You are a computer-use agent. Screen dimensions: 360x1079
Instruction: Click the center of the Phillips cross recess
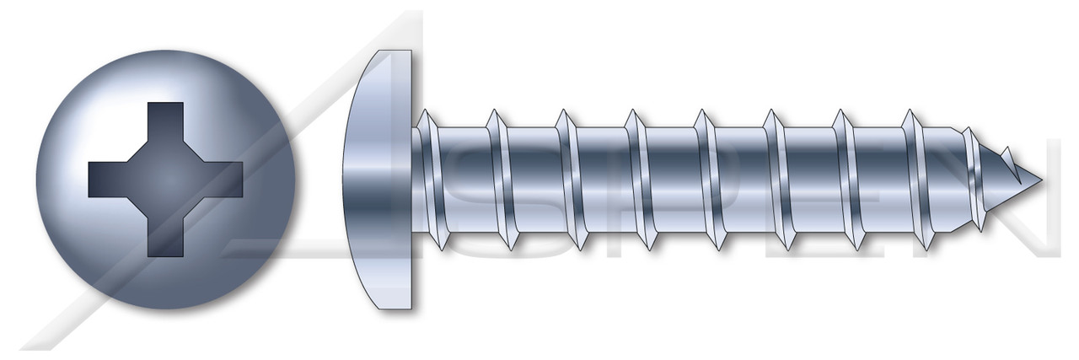pos(166,180)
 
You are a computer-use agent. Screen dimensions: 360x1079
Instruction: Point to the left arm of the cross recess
pos(108,180)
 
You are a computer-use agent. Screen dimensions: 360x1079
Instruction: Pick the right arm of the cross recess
pos(224,180)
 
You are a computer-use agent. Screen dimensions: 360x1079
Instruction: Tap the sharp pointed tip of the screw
pos(1039,180)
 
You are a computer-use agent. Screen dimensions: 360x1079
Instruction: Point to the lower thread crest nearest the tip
pos(927,245)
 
